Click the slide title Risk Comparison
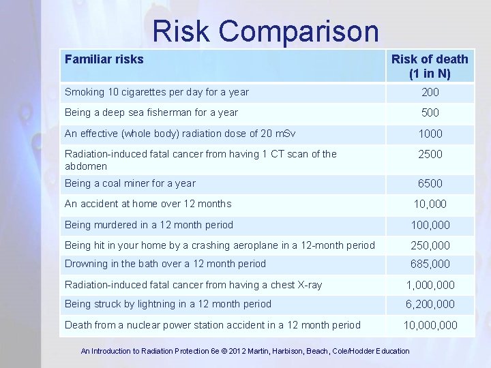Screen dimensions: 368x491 (x=265, y=31)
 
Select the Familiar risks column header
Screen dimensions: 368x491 (x=104, y=59)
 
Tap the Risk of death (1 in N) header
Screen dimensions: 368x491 (x=430, y=66)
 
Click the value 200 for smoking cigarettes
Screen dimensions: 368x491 (x=430, y=92)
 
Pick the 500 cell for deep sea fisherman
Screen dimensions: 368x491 (x=430, y=112)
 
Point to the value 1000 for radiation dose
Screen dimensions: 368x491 (x=430, y=134)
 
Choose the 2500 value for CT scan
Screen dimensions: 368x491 (x=430, y=154)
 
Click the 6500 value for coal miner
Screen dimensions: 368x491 (x=430, y=183)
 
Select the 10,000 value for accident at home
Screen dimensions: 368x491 (x=430, y=204)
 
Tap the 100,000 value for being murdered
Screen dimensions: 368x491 (x=430, y=225)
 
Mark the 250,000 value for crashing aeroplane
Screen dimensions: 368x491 (x=430, y=245)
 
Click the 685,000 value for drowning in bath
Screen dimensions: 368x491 (x=430, y=264)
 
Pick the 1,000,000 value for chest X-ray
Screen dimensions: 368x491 (x=430, y=285)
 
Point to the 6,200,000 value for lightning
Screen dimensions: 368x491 (x=430, y=305)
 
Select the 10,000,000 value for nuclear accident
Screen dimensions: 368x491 (x=430, y=325)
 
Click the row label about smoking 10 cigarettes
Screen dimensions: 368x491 (x=157, y=92)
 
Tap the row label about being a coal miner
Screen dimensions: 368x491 (x=130, y=183)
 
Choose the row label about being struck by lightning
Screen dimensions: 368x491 (x=168, y=304)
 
